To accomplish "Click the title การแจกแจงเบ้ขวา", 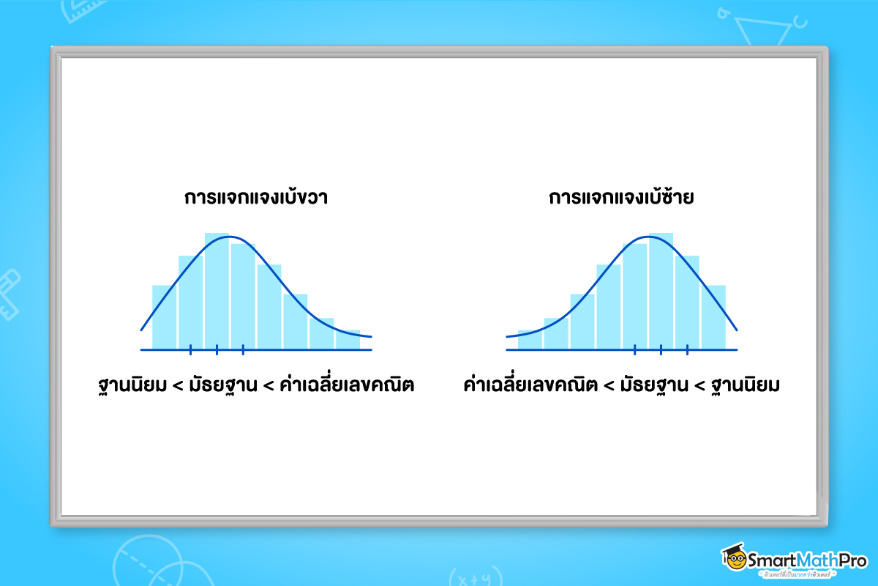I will click(255, 199).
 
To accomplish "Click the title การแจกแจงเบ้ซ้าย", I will click(621, 199).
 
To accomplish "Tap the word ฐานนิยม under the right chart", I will click(743, 385).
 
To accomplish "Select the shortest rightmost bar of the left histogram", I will click(348, 339).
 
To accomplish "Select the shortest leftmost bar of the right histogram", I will click(530, 339).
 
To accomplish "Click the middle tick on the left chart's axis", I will click(217, 349).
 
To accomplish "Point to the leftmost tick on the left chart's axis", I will click(190, 349).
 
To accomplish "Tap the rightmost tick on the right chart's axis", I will click(687, 349).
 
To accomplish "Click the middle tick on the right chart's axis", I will click(661, 349).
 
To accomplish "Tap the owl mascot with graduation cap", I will click(734, 557).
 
